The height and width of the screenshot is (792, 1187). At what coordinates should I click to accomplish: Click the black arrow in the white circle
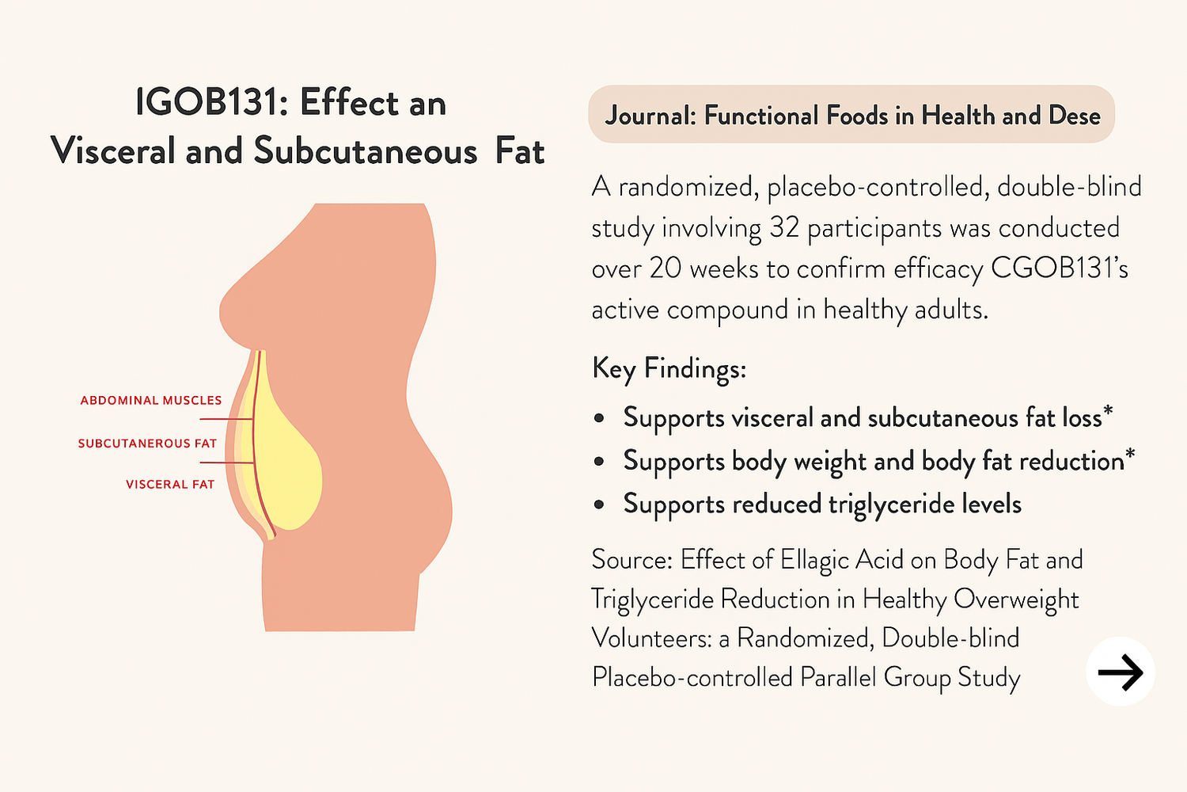pos(1121,672)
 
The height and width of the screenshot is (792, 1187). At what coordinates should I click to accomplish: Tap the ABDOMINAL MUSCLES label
pos(151,401)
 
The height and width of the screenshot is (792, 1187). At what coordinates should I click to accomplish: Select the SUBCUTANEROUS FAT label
pos(147,444)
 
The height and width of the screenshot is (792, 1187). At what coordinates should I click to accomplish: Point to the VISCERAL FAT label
pos(170,485)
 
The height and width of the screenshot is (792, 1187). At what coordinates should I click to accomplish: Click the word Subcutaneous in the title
pos(365,151)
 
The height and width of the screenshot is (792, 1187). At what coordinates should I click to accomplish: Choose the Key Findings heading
pos(669,367)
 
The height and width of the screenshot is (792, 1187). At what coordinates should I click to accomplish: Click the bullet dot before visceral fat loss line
pos(599,418)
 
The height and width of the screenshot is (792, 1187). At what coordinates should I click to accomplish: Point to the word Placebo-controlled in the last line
pos(692,677)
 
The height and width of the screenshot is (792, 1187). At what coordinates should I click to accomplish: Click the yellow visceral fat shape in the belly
pos(288,456)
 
